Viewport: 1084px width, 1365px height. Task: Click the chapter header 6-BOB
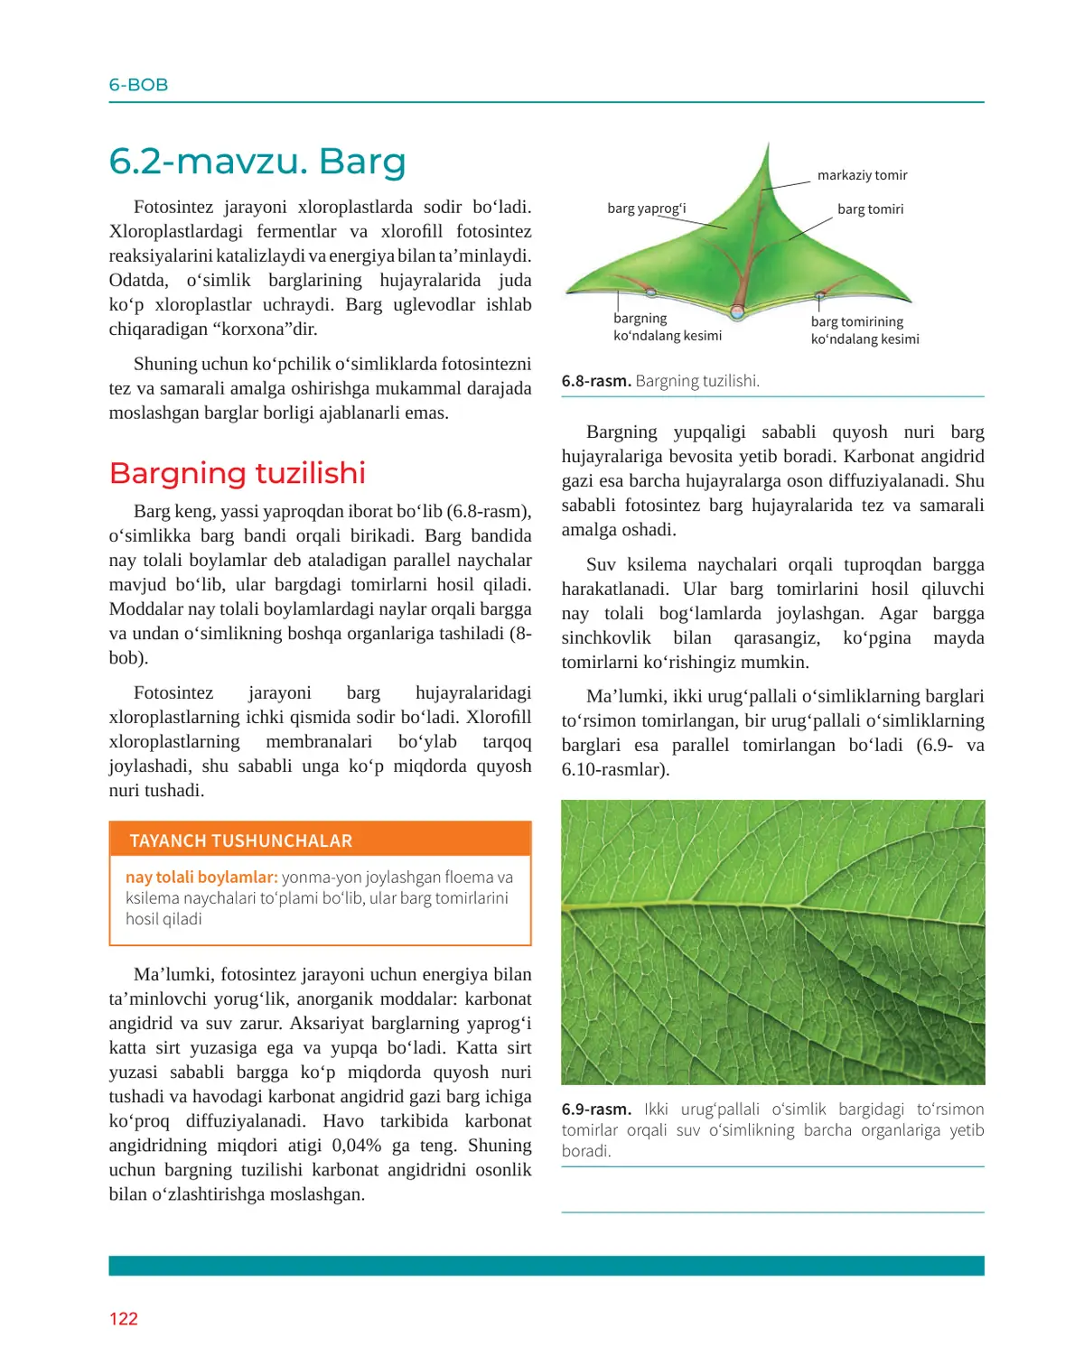(138, 85)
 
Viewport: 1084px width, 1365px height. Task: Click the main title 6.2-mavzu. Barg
(257, 162)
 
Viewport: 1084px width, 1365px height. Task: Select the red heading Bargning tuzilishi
(237, 473)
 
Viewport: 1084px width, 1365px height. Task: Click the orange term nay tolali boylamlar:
(201, 877)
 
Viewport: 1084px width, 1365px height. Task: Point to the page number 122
(124, 1319)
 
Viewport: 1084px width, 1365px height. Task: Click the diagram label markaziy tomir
(862, 175)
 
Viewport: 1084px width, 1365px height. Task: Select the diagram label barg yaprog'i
(646, 209)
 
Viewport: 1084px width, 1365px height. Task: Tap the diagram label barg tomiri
(870, 209)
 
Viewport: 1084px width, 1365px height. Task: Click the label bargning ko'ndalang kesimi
(667, 327)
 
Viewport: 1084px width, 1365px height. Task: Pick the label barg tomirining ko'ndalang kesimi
(864, 330)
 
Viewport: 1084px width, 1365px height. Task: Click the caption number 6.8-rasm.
(595, 381)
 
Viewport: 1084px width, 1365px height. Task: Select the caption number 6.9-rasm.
(595, 1110)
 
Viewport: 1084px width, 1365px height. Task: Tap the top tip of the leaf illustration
(768, 144)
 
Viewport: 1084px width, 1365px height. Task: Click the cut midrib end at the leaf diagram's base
(738, 313)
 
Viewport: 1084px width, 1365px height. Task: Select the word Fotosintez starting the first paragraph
(173, 208)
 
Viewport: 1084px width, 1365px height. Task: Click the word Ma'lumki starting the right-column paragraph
(622, 697)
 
